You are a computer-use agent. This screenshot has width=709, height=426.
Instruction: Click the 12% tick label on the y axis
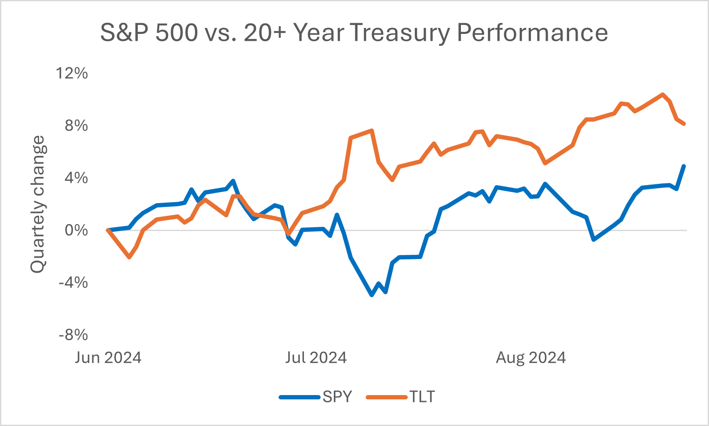coord(72,73)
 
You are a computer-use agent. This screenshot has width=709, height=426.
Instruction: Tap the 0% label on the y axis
coord(76,231)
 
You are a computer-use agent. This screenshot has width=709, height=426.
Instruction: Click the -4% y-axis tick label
coord(73,283)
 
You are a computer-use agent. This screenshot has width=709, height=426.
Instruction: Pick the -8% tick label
coord(73,335)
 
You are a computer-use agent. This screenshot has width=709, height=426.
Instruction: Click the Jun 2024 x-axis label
coord(108,358)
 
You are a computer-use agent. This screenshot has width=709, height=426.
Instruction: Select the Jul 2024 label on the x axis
coord(316,358)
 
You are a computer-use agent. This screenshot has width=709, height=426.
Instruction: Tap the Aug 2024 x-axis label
coord(531,358)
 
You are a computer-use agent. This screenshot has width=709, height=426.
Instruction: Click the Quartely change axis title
coord(38,204)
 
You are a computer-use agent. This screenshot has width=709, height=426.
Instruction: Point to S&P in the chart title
coord(124,33)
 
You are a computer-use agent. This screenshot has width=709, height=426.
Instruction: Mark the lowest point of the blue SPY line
coord(372,295)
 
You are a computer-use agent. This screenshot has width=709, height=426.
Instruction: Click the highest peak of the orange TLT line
coord(663,94)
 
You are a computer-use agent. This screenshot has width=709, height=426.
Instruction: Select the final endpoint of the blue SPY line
coord(684,166)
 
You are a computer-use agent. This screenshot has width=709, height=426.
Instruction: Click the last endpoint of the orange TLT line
coord(684,124)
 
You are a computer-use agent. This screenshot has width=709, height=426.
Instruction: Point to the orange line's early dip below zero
coord(129,257)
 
